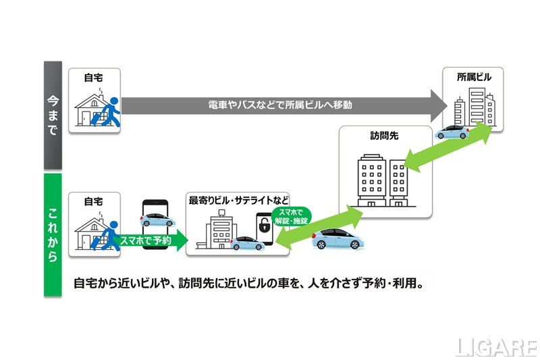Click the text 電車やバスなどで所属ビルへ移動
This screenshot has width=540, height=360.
[x=280, y=105]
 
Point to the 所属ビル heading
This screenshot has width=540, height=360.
[x=473, y=77]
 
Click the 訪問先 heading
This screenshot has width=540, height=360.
[x=385, y=136]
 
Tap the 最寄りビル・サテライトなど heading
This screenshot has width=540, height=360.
[x=239, y=200]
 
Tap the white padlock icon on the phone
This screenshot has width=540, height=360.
[x=265, y=228]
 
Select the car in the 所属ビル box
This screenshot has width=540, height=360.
[x=452, y=132]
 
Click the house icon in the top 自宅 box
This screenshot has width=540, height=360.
[x=89, y=109]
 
